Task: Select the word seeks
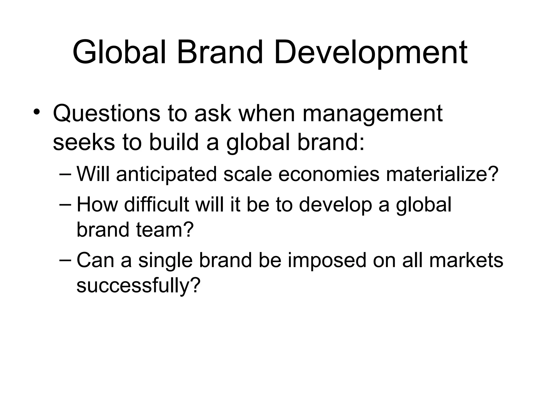[84, 142]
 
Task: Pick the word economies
[329, 175]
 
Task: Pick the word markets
[466, 260]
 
